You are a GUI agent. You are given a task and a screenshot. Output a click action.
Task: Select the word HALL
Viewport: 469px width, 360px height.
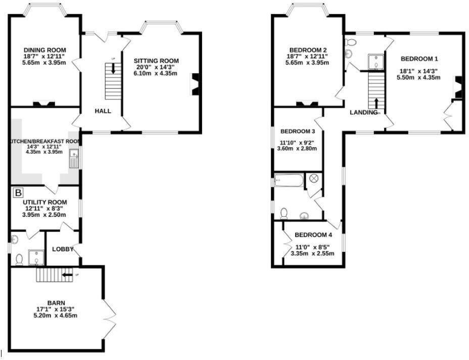103,111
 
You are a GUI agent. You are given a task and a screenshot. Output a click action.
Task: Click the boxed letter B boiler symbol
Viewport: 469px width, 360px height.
18,193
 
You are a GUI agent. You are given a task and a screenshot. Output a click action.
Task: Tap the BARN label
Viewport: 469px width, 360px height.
56,303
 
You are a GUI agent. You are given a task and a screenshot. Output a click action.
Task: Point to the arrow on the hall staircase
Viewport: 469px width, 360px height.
113,68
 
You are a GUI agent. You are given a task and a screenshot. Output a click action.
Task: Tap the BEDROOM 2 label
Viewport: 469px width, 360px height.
307,49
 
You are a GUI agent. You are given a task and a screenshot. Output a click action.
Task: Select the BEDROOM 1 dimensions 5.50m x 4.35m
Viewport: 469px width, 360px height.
419,77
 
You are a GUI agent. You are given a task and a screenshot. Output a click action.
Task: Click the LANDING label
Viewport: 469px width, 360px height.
363,112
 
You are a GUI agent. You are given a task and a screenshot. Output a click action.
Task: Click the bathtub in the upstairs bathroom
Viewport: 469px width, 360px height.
289,180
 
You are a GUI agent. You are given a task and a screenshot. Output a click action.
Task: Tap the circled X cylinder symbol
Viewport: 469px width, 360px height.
314,178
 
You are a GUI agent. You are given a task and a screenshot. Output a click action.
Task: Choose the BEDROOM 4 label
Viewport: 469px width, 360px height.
313,235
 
